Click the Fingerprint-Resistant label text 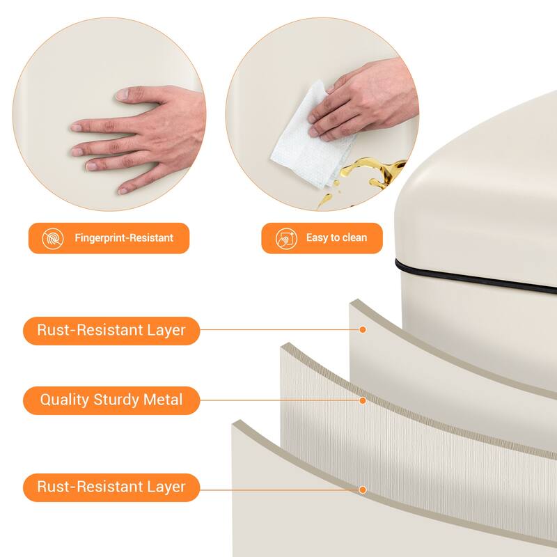[x=124, y=237]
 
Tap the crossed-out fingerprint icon [x=53, y=238]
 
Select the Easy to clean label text [x=336, y=237]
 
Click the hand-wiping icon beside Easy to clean [x=286, y=238]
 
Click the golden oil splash [x=370, y=178]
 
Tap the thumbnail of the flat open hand [x=109, y=114]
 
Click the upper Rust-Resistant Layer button [x=111, y=330]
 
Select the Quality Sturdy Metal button [x=111, y=400]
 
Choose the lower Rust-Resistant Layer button [x=111, y=487]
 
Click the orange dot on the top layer [x=363, y=329]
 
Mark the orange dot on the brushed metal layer [x=363, y=401]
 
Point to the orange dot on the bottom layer [x=363, y=490]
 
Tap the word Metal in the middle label [x=163, y=400]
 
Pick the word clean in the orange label [x=354, y=237]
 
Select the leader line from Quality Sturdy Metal [x=280, y=400]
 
